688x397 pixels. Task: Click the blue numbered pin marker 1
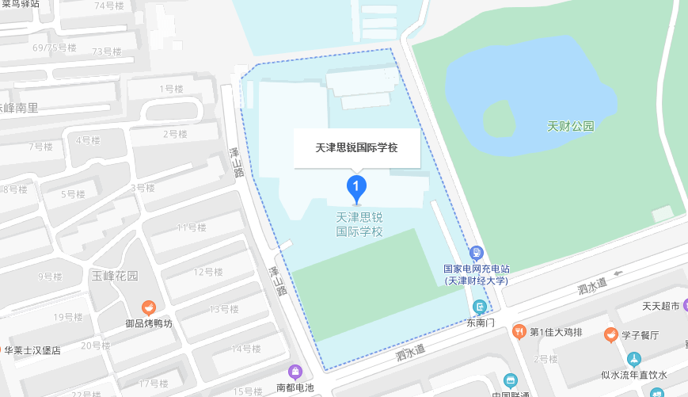(357, 189)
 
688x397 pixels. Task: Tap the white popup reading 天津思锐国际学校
(357, 147)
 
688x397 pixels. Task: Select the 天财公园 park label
(570, 127)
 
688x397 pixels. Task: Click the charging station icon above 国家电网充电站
(476, 253)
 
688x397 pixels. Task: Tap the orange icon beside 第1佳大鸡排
(519, 330)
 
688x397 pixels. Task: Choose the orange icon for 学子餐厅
(610, 334)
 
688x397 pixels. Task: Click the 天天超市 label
(660, 307)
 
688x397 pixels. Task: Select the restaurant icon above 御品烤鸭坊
(148, 307)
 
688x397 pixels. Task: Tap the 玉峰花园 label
(115, 276)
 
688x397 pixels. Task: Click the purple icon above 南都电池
(295, 372)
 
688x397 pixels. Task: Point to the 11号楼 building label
(191, 228)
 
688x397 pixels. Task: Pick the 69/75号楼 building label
(55, 48)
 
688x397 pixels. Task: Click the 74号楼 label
(108, 6)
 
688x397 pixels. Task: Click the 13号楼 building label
(224, 309)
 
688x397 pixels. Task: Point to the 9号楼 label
(50, 277)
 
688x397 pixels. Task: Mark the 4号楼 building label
(88, 140)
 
